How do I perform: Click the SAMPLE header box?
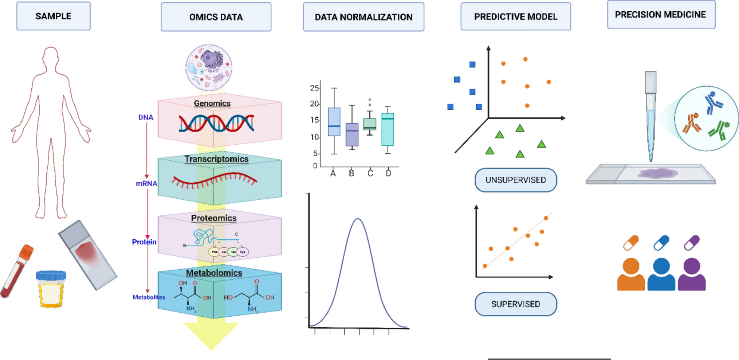pyautogui.click(x=53, y=16)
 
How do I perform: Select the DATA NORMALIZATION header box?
pyautogui.click(x=363, y=17)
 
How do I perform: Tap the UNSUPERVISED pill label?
pyautogui.click(x=515, y=180)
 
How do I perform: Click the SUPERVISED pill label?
pyautogui.click(x=515, y=304)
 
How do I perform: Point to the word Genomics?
pyautogui.click(x=212, y=103)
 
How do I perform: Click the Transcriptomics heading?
pyautogui.click(x=216, y=159)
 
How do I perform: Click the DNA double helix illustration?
pyautogui.click(x=216, y=123)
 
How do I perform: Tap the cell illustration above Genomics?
pyautogui.click(x=209, y=67)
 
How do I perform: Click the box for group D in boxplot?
pyautogui.click(x=388, y=129)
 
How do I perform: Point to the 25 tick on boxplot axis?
pyautogui.click(x=314, y=88)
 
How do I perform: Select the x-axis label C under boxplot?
pyautogui.click(x=370, y=173)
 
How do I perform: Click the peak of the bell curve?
pyautogui.click(x=358, y=219)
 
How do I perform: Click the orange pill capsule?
pyautogui.click(x=631, y=243)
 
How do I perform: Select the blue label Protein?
pyautogui.click(x=144, y=242)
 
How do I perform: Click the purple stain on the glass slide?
pyautogui.click(x=657, y=173)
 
